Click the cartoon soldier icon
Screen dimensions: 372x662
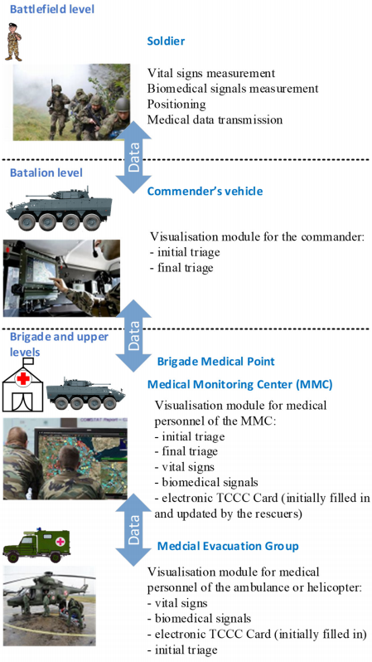(13, 41)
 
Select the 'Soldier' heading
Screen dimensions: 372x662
(166, 41)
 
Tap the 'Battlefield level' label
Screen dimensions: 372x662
(52, 8)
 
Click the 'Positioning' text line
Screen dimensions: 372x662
(176, 105)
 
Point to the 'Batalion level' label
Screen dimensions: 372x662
(46, 173)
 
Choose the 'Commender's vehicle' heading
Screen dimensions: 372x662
(205, 192)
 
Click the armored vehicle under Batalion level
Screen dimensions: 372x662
(59, 209)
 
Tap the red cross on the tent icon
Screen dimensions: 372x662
(23, 379)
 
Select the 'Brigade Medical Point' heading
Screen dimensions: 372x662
(216, 362)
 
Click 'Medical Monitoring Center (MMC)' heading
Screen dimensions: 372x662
(240, 385)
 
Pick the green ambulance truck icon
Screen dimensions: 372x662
(36, 545)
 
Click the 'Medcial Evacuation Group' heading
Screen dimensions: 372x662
(228, 546)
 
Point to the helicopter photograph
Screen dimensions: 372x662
(50, 606)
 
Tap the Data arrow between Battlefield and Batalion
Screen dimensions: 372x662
(133, 157)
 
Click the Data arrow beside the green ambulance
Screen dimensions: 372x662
(133, 529)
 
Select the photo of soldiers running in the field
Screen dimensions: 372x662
(71, 102)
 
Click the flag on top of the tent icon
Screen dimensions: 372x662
(28, 362)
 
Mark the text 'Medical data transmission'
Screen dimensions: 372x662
(215, 120)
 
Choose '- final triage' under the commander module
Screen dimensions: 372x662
(181, 268)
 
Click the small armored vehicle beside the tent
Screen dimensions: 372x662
(85, 394)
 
